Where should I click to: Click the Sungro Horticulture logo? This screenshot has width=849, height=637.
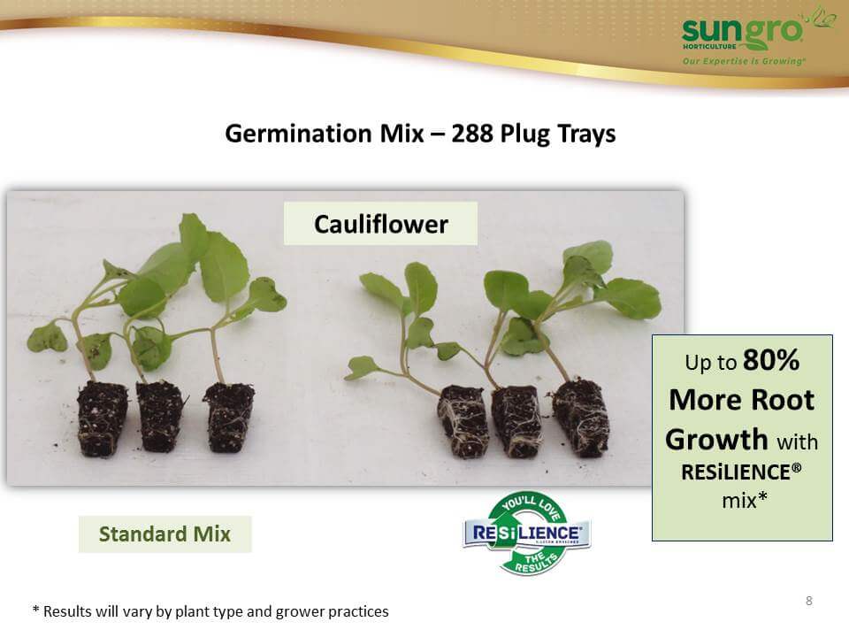pyautogui.click(x=758, y=35)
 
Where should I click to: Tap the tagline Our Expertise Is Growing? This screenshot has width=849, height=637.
pyautogui.click(x=744, y=61)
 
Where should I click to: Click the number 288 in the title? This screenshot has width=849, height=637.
pyautogui.click(x=472, y=134)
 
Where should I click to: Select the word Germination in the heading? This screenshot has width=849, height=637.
pyautogui.click(x=298, y=134)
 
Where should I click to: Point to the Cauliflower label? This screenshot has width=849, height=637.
pyautogui.click(x=380, y=224)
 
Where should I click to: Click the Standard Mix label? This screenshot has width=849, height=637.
pyautogui.click(x=165, y=534)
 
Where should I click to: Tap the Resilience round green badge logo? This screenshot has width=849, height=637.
pyautogui.click(x=527, y=533)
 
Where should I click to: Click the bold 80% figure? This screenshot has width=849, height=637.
pyautogui.click(x=771, y=360)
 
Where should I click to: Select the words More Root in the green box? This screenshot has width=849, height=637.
pyautogui.click(x=742, y=400)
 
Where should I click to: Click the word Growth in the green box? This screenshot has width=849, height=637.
pyautogui.click(x=717, y=440)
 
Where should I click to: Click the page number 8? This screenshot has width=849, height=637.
pyautogui.click(x=809, y=601)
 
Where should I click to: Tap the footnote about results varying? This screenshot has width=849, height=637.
pyautogui.click(x=210, y=611)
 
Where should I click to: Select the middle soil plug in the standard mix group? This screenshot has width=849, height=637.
pyautogui.click(x=159, y=416)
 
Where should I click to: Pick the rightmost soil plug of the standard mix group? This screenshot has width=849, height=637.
pyautogui.click(x=229, y=417)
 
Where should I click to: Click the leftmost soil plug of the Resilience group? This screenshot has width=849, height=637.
pyautogui.click(x=463, y=421)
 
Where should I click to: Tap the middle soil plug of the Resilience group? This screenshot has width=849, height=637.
pyautogui.click(x=516, y=420)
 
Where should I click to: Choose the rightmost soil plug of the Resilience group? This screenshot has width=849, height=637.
pyautogui.click(x=581, y=416)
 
